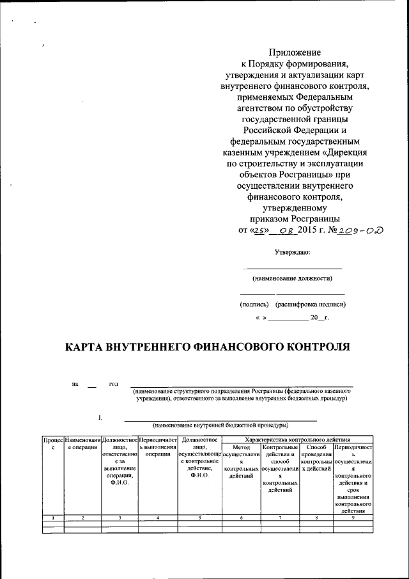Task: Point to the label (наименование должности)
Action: coord(293,278)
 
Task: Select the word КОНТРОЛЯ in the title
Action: coord(321,347)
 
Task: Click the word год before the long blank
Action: coord(114,384)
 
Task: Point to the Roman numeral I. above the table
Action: coord(100,418)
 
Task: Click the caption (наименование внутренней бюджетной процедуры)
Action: coord(220,425)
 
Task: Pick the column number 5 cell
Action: coord(200,516)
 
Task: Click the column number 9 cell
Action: coord(353,516)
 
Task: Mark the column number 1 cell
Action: coord(53,516)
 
